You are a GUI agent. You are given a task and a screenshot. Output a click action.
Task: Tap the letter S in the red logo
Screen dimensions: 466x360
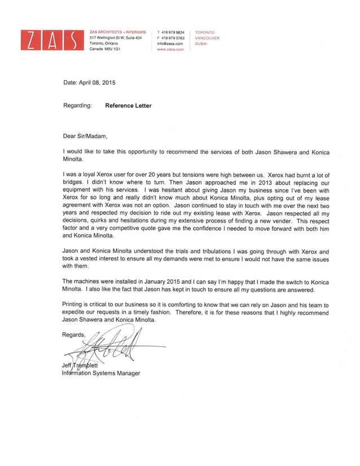point(73,41)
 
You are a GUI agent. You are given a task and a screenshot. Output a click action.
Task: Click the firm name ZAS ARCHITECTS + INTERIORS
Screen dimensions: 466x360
point(117,32)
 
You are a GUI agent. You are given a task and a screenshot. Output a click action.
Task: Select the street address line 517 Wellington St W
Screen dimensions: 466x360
point(116,38)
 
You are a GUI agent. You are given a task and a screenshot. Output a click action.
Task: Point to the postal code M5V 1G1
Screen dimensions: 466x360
point(105,49)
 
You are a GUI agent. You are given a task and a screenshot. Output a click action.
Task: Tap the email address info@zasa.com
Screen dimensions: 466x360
point(170,43)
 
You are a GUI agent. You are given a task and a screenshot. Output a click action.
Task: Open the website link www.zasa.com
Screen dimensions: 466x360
point(170,50)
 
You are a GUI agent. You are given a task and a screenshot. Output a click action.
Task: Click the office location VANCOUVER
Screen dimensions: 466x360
point(207,38)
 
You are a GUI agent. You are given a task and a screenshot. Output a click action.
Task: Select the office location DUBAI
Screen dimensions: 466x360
point(201,43)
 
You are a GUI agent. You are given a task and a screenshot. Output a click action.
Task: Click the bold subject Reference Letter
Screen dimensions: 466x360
point(128,105)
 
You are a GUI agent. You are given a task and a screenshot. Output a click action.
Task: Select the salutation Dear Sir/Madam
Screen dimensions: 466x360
point(84,136)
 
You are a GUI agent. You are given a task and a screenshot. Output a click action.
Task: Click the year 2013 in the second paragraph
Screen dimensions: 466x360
point(238,184)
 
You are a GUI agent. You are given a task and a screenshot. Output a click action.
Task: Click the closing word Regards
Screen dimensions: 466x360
point(74,335)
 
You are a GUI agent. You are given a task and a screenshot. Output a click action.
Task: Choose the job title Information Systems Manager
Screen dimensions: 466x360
point(101,373)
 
